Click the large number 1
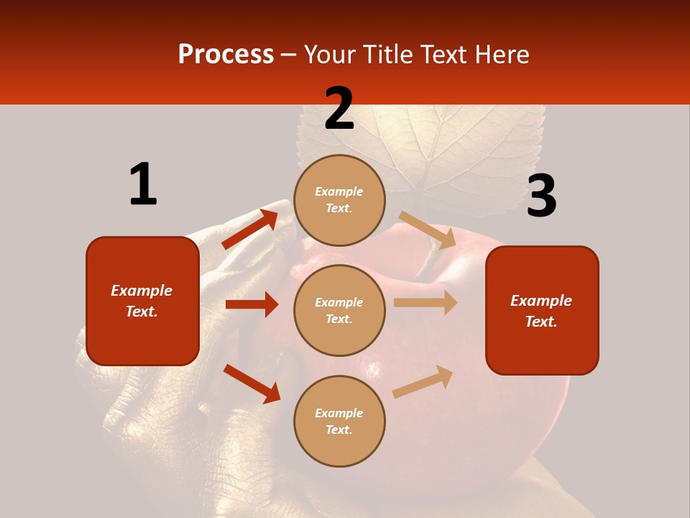tap(143, 184)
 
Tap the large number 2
tap(339, 109)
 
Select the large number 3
tap(541, 196)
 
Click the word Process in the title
tap(226, 54)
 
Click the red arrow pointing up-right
tap(249, 230)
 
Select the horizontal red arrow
tap(252, 304)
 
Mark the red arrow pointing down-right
tap(252, 383)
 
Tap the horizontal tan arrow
tap(425, 303)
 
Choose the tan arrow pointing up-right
tap(423, 382)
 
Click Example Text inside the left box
tap(142, 301)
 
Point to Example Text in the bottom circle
tap(339, 422)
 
